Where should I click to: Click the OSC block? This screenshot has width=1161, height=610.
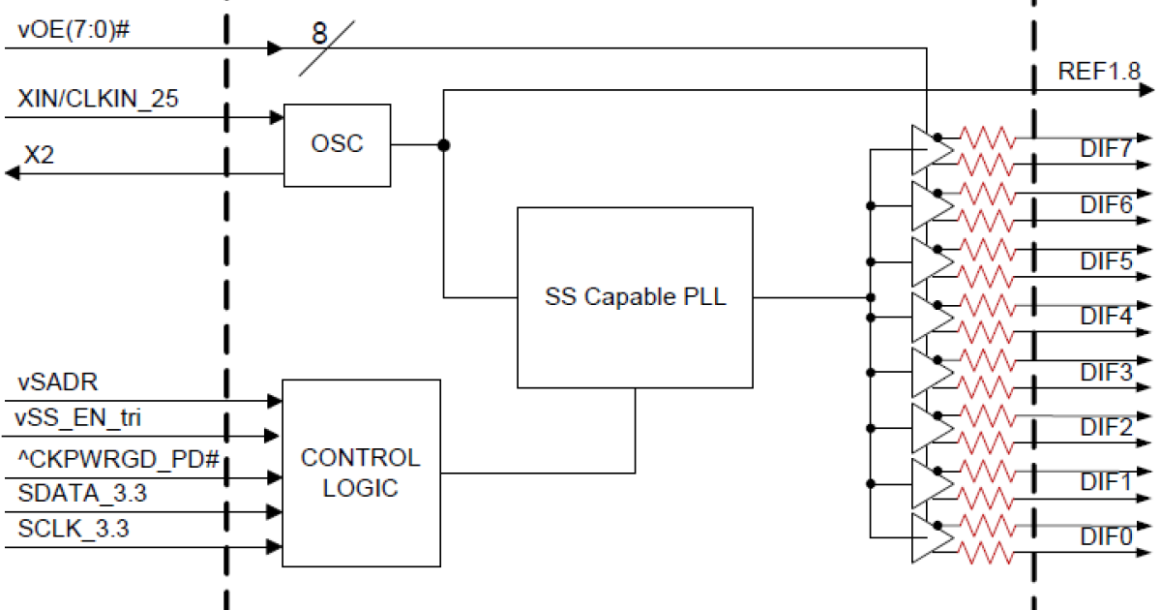pos(337,144)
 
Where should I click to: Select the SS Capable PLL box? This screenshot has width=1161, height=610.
pos(635,297)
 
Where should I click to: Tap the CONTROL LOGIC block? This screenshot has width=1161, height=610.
pos(360,473)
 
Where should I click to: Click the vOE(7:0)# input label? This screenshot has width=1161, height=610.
pos(74,29)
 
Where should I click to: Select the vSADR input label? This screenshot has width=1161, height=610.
pos(56,381)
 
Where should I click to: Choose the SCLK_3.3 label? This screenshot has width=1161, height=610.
pos(74,530)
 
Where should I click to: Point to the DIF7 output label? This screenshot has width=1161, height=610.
pos(1106,150)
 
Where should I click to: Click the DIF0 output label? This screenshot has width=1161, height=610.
pos(1106,535)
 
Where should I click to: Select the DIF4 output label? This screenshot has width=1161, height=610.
pos(1106,316)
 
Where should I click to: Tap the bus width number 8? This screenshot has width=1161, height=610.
pos(319,33)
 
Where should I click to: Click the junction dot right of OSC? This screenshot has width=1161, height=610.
pos(443,145)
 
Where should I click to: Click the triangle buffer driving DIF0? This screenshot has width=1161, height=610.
pos(929,537)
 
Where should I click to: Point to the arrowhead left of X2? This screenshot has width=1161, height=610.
pos(13,172)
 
